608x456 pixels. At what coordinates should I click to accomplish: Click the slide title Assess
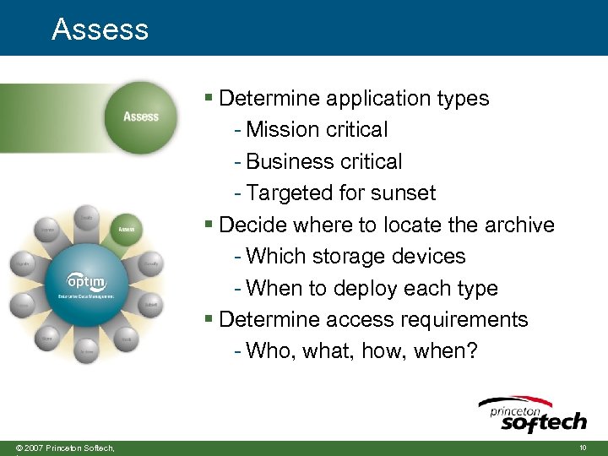100,30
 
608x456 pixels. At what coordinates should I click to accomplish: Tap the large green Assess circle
141,116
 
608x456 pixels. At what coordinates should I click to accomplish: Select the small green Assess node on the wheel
126,229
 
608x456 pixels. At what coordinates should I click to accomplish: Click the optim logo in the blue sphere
87,280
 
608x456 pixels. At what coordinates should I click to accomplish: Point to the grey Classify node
150,264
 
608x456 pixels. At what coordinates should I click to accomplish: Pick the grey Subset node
150,304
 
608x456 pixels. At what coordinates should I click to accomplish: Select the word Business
285,161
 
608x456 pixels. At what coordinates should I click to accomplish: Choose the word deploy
366,289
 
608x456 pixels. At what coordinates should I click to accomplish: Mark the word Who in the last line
268,351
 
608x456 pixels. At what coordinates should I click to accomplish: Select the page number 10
583,447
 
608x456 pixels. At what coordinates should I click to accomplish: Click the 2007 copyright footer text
59,447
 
